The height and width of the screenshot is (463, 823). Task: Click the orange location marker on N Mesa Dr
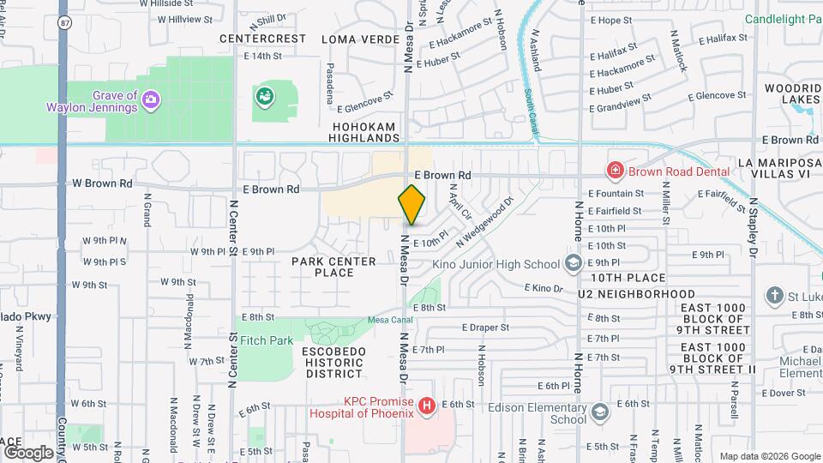411,204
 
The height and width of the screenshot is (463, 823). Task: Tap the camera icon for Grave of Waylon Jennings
151,100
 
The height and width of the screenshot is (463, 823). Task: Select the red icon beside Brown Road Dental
614,171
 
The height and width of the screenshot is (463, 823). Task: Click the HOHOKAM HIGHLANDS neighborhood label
365,132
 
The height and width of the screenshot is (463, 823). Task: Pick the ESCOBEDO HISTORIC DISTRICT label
333,363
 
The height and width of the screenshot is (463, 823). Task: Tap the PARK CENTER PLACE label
333,267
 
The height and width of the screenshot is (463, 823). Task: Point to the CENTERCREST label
262,39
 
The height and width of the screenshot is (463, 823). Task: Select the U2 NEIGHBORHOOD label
636,293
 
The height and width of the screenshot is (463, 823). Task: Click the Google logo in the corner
28,452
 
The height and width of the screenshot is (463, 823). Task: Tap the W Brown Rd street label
102,183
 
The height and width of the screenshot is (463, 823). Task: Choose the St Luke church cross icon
775,296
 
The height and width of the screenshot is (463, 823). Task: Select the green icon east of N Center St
265,96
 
